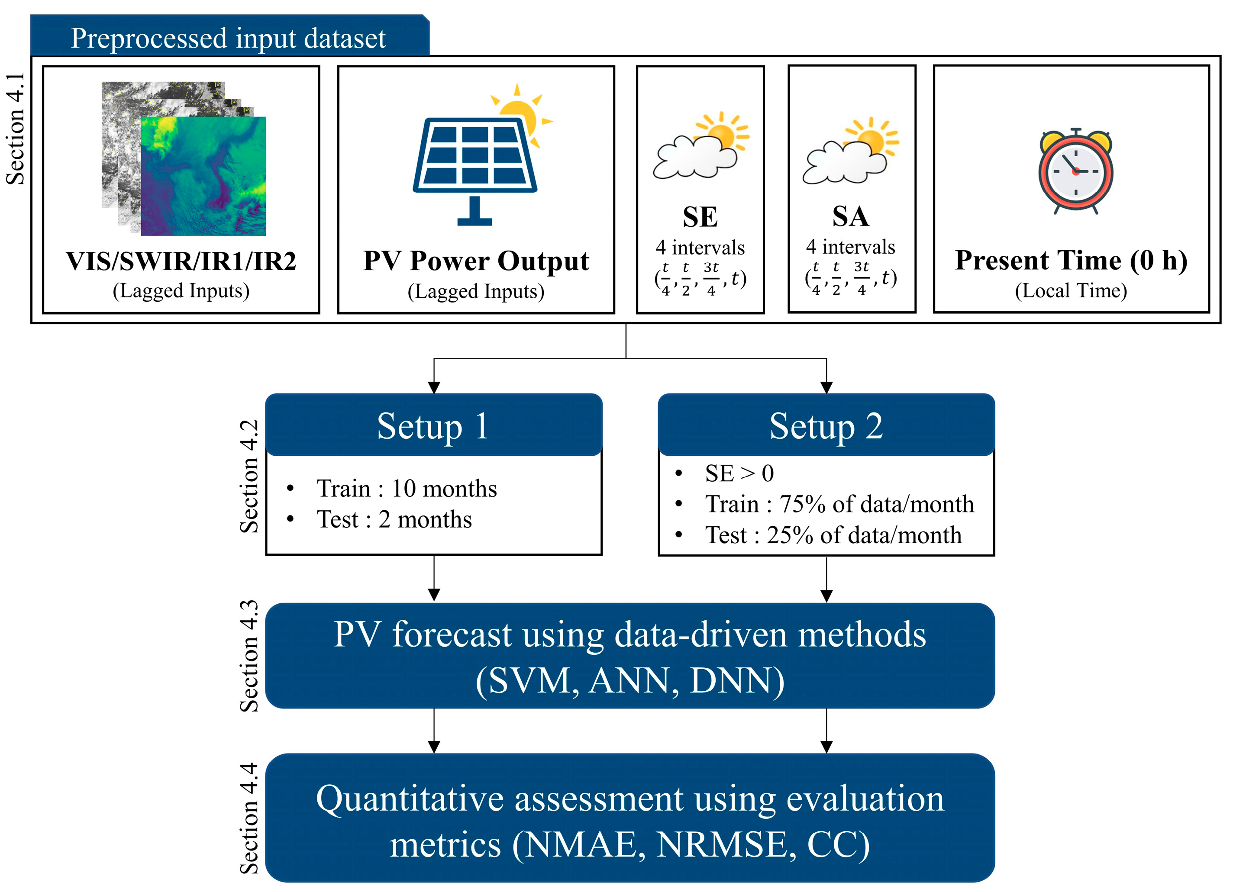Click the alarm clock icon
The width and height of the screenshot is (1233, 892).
click(x=1075, y=171)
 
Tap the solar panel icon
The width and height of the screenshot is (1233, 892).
click(x=474, y=163)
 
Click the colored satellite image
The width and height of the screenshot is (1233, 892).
click(x=203, y=176)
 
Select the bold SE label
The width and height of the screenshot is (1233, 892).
click(x=700, y=217)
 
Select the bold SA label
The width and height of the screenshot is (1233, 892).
click(x=851, y=216)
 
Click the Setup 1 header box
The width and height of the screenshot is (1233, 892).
click(x=433, y=425)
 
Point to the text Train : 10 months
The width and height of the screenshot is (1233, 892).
click(x=406, y=488)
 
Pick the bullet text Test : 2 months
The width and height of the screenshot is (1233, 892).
click(x=394, y=519)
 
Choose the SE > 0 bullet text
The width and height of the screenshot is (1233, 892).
click(x=739, y=473)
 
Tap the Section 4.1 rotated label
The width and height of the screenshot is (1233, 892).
click(x=15, y=129)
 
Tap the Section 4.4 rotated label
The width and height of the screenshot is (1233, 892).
click(x=249, y=818)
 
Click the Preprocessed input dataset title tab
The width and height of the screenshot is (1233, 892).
click(x=228, y=38)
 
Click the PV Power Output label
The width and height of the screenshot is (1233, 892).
click(x=476, y=261)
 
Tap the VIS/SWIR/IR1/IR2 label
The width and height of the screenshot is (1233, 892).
click(x=181, y=261)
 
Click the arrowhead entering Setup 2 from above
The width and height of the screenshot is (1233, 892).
click(x=826, y=387)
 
